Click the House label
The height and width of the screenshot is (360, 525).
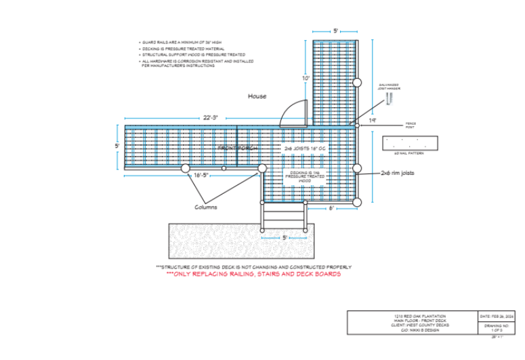257,96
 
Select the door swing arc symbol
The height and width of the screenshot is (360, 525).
293,112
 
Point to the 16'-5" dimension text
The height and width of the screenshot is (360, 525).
201,176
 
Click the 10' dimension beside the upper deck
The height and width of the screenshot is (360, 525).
306,79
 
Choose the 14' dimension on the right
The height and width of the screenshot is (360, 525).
372,121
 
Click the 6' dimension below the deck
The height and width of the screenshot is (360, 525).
331,209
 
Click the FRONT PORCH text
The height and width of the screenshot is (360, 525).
234,147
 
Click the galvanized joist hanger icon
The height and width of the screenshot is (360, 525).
389,98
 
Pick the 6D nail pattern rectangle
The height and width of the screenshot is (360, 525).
411,144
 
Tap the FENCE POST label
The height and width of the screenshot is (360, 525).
411,125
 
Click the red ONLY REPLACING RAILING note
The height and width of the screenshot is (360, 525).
253,275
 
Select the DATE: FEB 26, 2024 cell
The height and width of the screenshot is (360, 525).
497,317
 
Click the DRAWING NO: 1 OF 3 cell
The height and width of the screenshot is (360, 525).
497,327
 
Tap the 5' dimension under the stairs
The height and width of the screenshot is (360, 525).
285,237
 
